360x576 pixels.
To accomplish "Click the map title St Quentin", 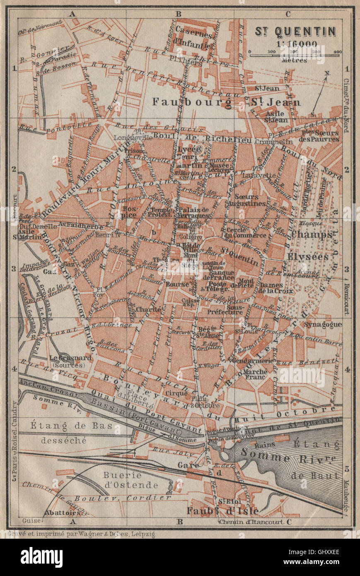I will pyautogui.click(x=295, y=31).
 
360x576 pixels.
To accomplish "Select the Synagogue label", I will pyautogui.click(x=323, y=324).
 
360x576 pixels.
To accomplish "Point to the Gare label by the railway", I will pyautogui.click(x=188, y=465).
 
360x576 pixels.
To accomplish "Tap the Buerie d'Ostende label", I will pyautogui.click(x=125, y=480).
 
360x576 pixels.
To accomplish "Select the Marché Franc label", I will pyautogui.click(x=256, y=374).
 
